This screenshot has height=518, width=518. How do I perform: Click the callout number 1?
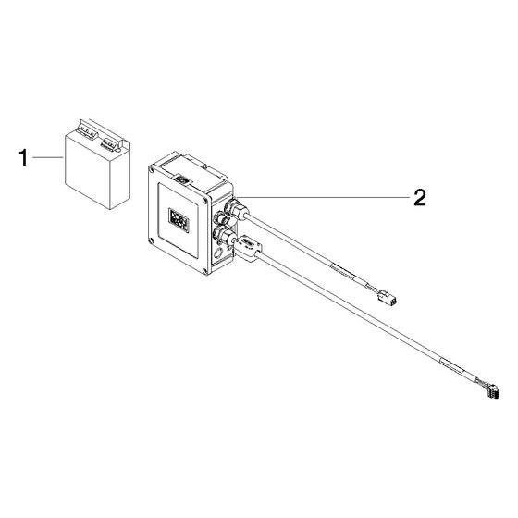pyautogui.click(x=23, y=157)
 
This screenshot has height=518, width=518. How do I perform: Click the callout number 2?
pyautogui.click(x=420, y=198)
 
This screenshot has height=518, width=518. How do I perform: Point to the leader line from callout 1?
pyautogui.click(x=48, y=158)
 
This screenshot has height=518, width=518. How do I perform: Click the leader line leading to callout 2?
pyautogui.click(x=323, y=197)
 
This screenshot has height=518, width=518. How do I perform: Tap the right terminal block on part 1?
pyautogui.click(x=109, y=144)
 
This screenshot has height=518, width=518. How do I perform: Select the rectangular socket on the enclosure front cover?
pyautogui.click(x=179, y=220)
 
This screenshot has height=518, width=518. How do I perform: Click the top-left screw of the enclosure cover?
pyautogui.click(x=152, y=170)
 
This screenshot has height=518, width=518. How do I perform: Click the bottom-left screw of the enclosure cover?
pyautogui.click(x=152, y=240)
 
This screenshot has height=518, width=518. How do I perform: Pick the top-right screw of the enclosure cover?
pyautogui.click(x=205, y=200)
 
